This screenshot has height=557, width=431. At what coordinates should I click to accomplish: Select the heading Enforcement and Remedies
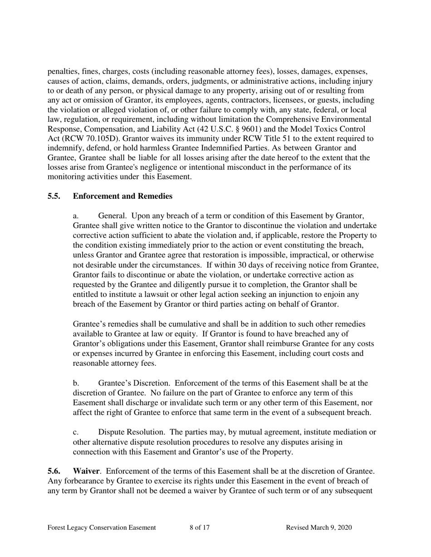[122, 196]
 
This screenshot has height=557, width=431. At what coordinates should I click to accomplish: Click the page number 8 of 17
[199, 528]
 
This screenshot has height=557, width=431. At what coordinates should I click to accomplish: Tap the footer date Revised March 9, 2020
[319, 528]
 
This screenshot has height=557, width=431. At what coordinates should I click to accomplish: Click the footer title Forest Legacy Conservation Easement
[102, 528]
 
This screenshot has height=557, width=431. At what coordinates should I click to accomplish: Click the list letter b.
[76, 383]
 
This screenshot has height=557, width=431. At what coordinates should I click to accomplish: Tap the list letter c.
[75, 432]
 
